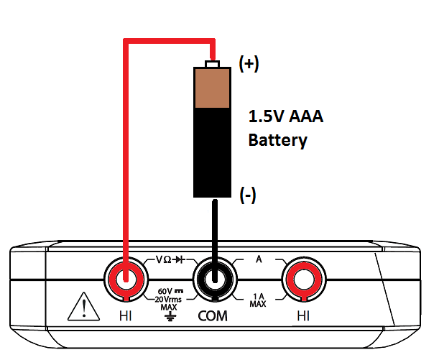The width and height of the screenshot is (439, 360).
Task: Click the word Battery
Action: [277, 139]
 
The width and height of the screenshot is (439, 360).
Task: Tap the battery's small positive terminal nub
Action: [212, 65]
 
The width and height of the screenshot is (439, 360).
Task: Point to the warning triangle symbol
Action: [81, 308]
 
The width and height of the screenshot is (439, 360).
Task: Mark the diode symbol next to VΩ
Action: [182, 260]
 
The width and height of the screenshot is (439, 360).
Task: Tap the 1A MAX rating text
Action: [258, 300]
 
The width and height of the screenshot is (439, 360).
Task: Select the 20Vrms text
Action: [170, 298]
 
